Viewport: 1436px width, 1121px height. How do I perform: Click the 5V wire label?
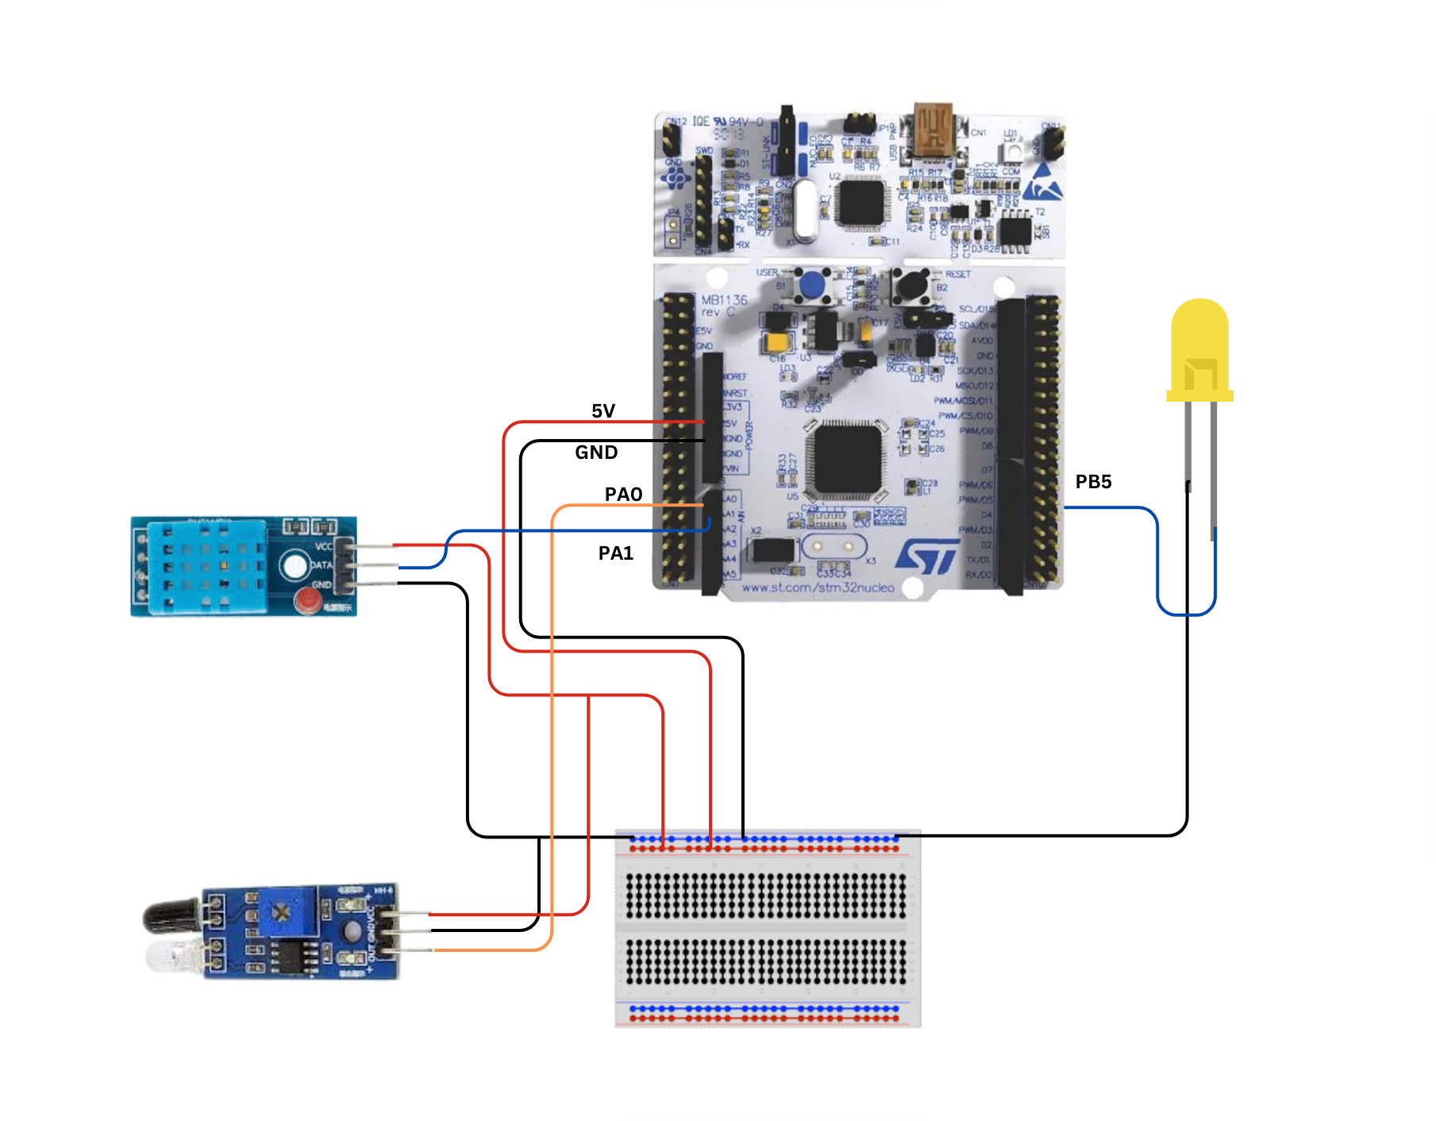pyautogui.click(x=603, y=411)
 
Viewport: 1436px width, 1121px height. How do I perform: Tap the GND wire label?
pyautogui.click(x=596, y=453)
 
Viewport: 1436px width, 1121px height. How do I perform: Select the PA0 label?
pyautogui.click(x=623, y=495)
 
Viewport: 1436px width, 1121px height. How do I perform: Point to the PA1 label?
pyautogui.click(x=616, y=553)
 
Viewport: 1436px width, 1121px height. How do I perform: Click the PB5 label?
pyautogui.click(x=1093, y=482)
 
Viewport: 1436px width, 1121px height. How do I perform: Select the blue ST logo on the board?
pyautogui.click(x=927, y=557)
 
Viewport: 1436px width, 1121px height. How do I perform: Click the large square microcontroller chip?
pyautogui.click(x=846, y=460)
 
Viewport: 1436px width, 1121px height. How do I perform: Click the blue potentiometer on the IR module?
pyautogui.click(x=282, y=912)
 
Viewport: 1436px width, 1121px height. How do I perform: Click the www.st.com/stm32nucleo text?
pyautogui.click(x=818, y=588)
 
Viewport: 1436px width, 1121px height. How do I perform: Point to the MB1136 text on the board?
pyautogui.click(x=724, y=300)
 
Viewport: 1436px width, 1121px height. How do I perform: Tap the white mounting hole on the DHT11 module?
pyautogui.click(x=295, y=565)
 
